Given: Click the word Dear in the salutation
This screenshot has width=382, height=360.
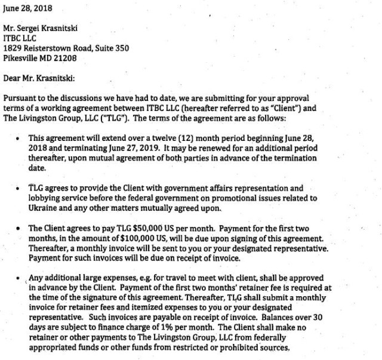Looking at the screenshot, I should click(13, 78).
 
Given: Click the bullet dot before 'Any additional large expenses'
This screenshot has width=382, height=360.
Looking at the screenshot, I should click(21, 278).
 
